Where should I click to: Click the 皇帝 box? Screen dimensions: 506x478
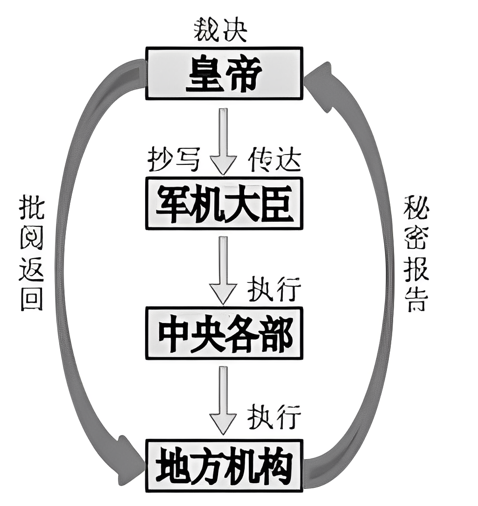pyautogui.click(x=224, y=73)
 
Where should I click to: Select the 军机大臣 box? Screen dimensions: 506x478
pyautogui.click(x=224, y=204)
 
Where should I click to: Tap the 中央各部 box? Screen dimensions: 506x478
pyautogui.click(x=224, y=333)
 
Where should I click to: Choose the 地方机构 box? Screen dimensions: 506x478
pyautogui.click(x=224, y=465)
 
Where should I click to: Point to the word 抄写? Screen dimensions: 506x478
pyautogui.click(x=174, y=161)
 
